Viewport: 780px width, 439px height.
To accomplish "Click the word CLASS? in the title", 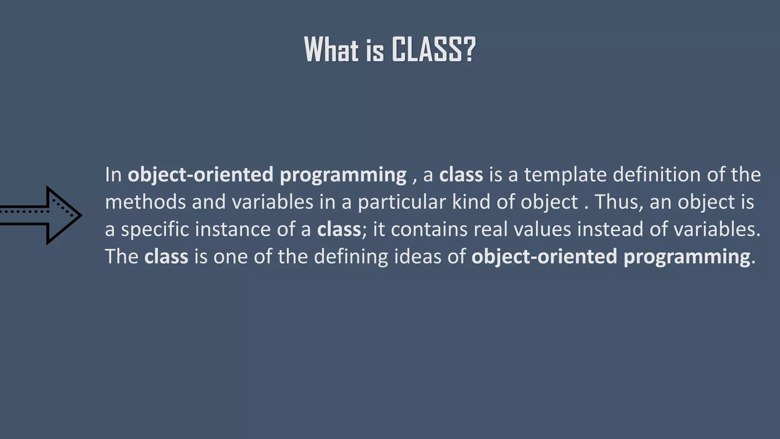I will tap(433, 50).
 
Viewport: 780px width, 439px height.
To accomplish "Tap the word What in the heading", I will tap(331, 50).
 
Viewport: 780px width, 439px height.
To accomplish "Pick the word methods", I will tap(145, 202).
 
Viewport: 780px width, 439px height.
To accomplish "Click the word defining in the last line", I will tap(351, 257).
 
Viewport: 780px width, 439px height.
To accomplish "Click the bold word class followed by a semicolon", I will tap(339, 229).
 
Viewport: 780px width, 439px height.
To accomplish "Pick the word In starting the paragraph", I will tap(113, 175).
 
